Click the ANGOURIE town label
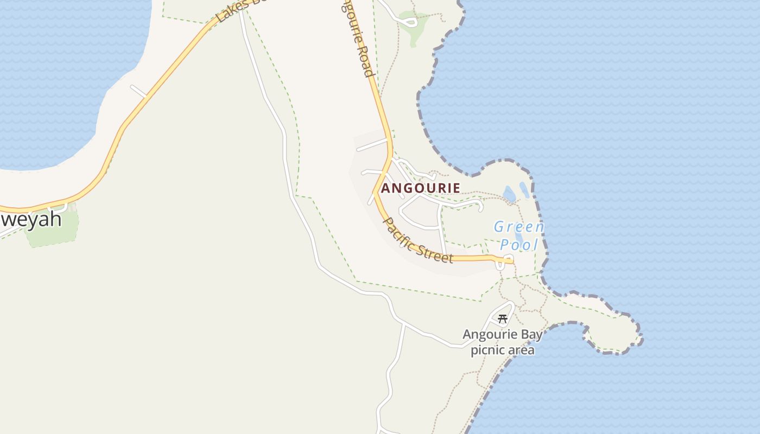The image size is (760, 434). (x=421, y=188)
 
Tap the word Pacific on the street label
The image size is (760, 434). (x=399, y=234)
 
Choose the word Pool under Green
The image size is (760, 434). (x=519, y=245)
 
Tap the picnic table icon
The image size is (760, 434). (x=503, y=319)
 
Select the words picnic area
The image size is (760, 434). (x=502, y=350)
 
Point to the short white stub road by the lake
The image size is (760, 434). (x=138, y=91)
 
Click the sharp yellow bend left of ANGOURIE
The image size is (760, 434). (x=375, y=192)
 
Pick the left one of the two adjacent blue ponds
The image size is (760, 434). (x=510, y=194)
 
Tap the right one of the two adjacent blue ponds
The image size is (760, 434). (x=524, y=189)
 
